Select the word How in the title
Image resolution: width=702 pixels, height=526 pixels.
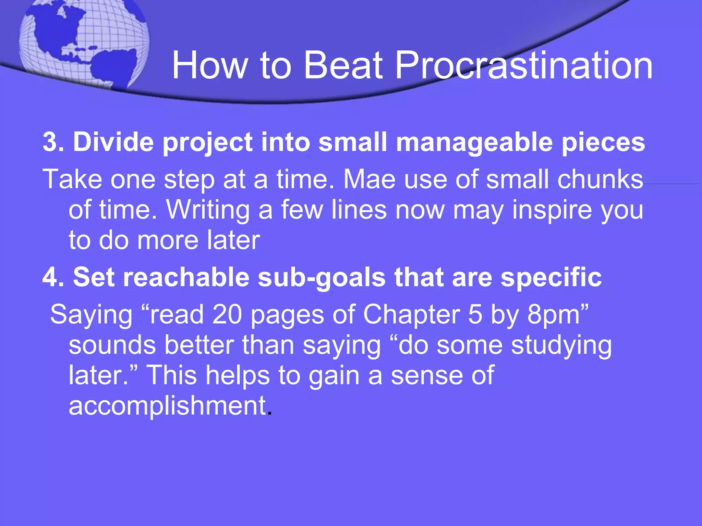tap(209, 65)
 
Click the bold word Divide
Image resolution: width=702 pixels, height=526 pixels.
tap(113, 142)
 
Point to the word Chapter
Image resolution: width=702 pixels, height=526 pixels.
tap(411, 315)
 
